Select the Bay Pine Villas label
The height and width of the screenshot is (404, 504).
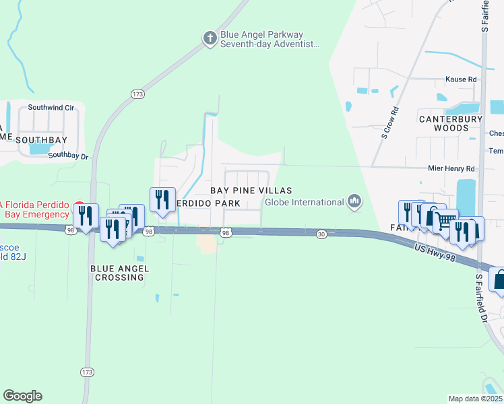(x=251, y=191)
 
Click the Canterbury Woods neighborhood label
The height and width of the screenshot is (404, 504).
(x=451, y=123)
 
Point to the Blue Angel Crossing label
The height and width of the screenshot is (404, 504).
(x=119, y=273)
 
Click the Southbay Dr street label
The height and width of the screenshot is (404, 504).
(x=69, y=155)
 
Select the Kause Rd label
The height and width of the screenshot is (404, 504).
(x=461, y=79)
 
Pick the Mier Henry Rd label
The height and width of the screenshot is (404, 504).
(x=451, y=168)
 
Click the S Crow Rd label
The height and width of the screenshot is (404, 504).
(x=386, y=123)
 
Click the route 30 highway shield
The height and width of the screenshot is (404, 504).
(x=321, y=234)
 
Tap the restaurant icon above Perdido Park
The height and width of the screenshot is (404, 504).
(x=162, y=199)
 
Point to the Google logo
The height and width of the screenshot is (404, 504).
(x=22, y=395)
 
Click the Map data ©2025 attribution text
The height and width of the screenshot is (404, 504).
(x=476, y=399)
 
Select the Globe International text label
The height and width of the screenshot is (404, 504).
(x=304, y=202)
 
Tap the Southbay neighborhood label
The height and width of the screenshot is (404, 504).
(x=33, y=139)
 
